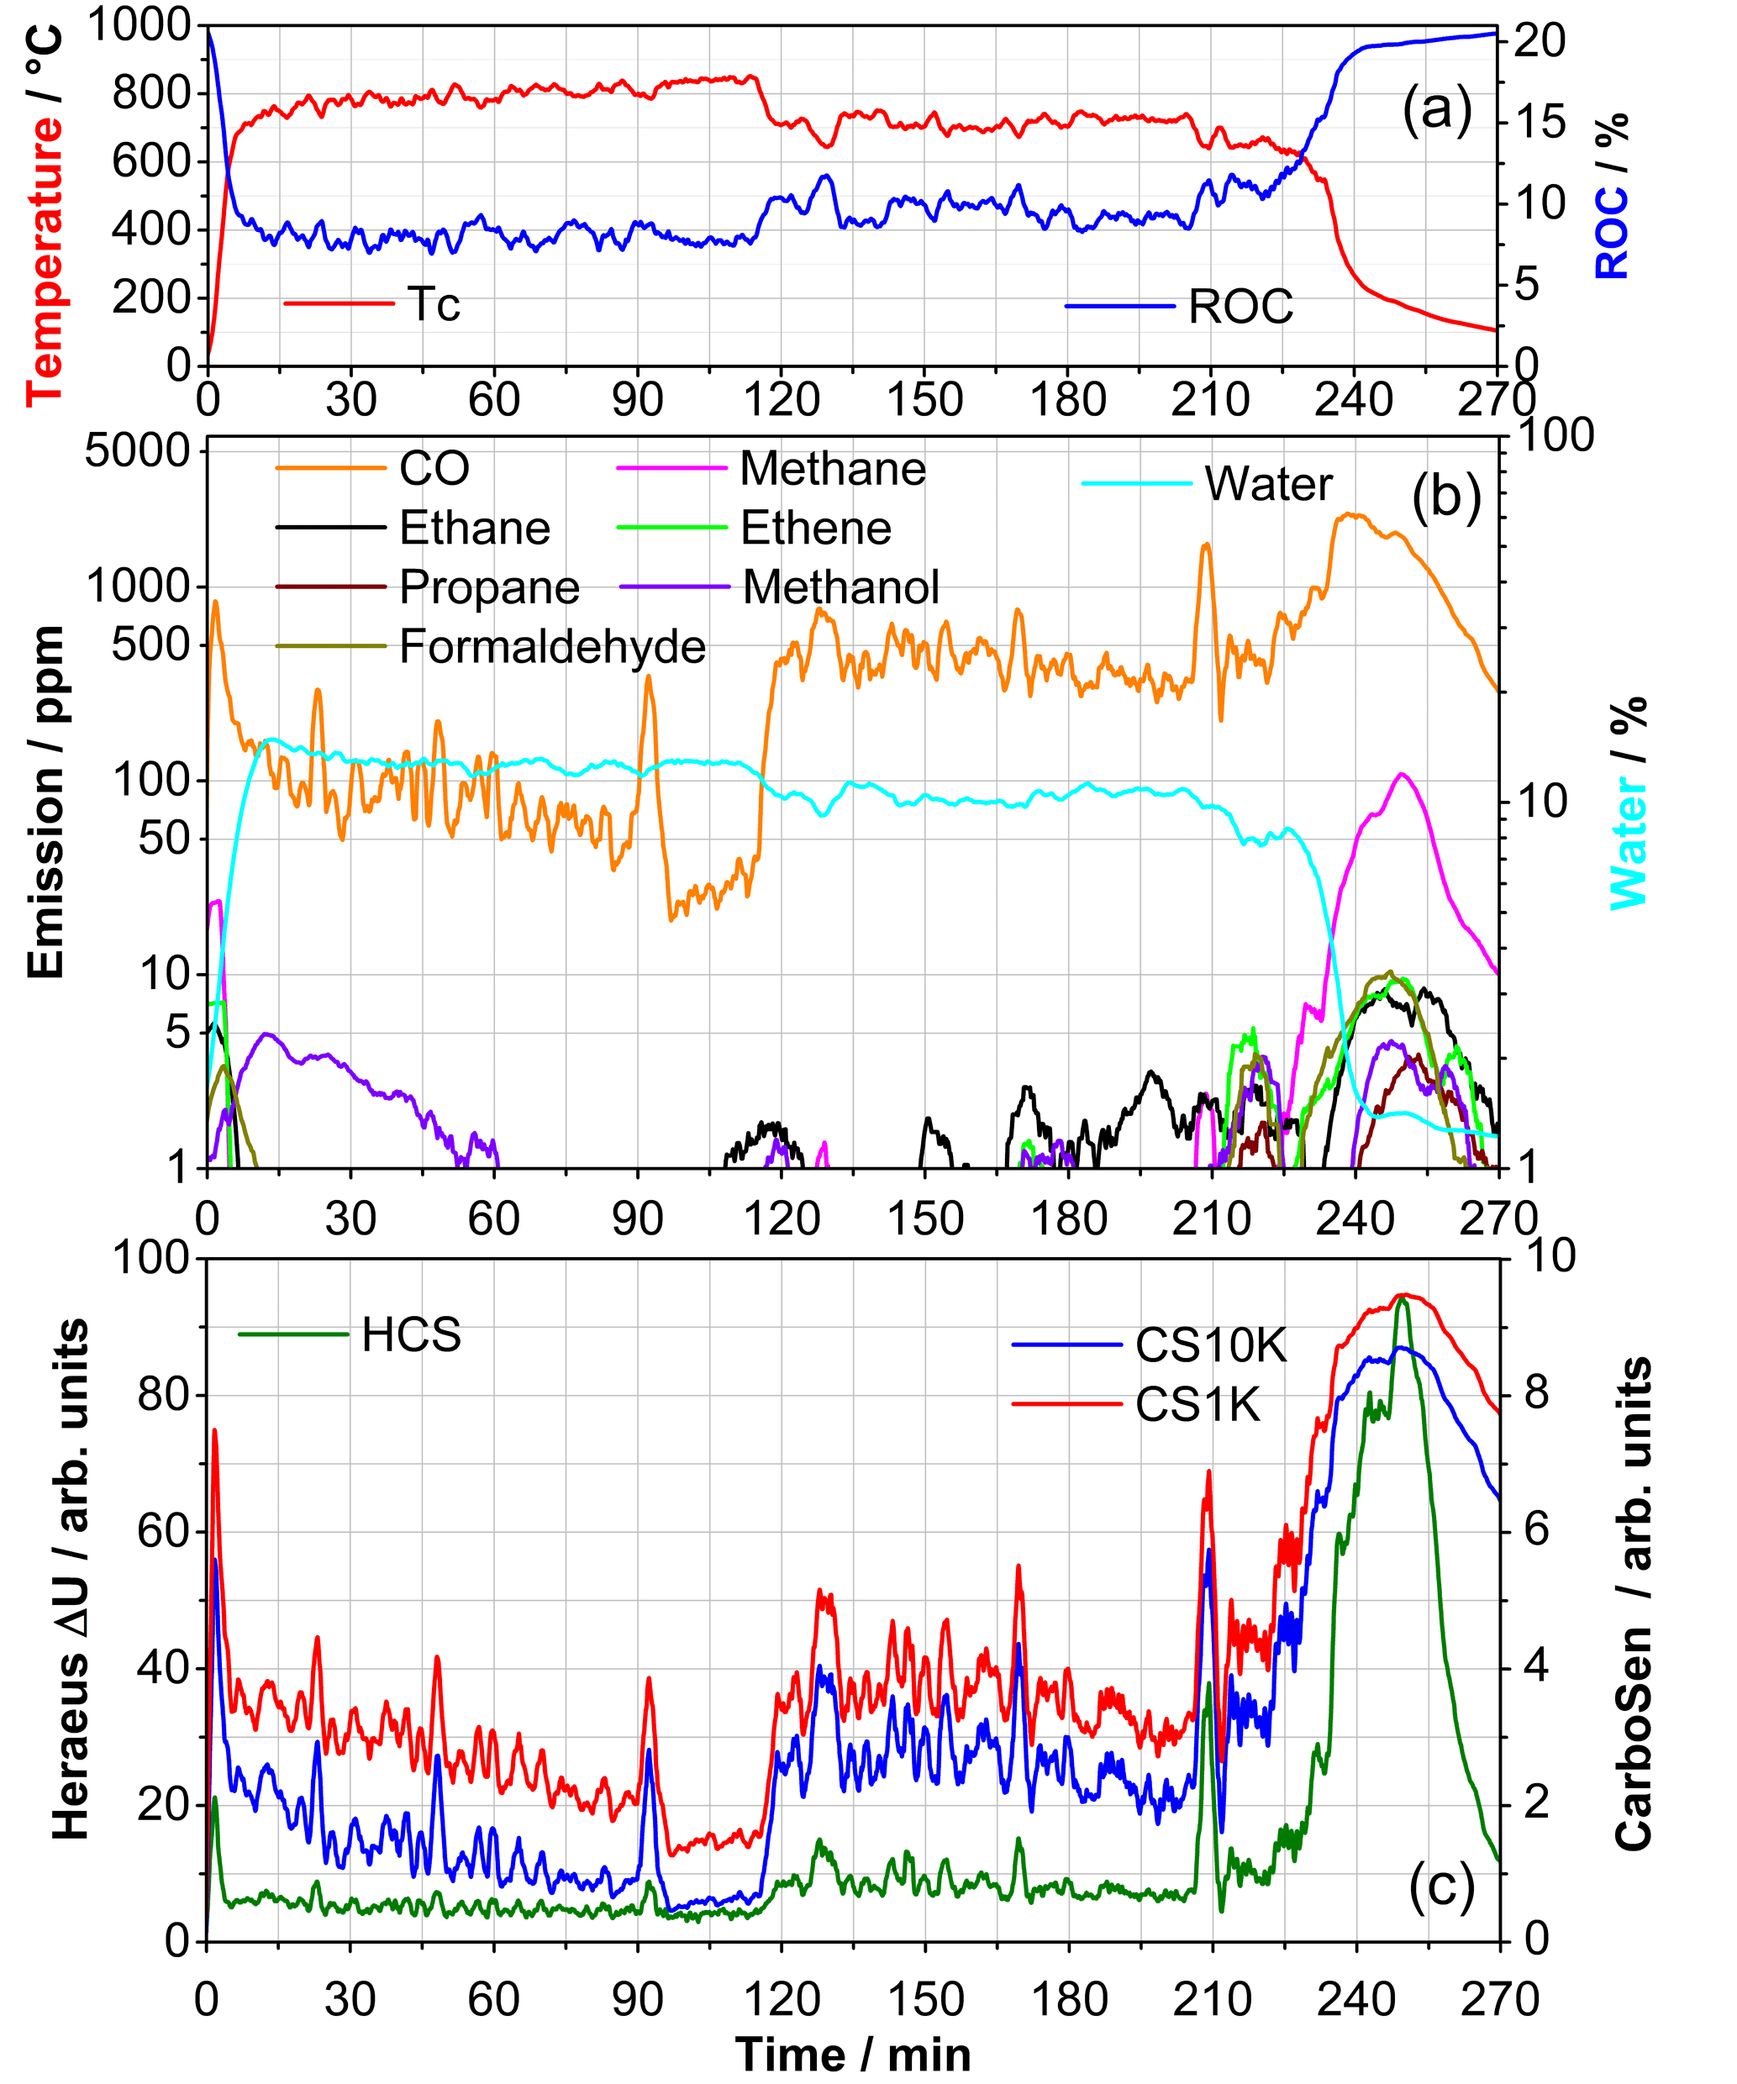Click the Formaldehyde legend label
coord(552,647)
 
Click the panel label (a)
coord(1436,108)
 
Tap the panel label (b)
coord(1445,495)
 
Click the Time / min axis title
coord(853,2055)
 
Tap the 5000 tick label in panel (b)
coord(137,451)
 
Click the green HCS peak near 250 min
coord(1403,1301)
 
